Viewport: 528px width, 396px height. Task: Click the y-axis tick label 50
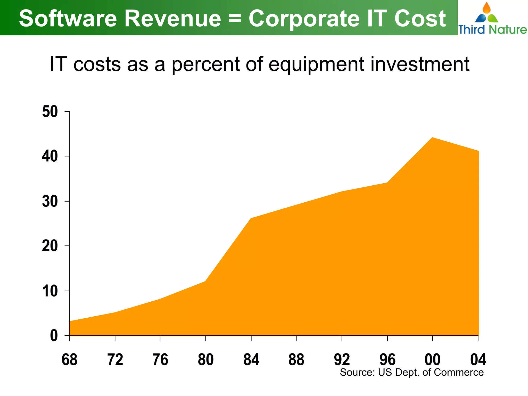coord(50,112)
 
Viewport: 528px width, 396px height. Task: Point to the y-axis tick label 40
coord(50,156)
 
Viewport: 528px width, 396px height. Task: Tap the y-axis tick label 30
coord(50,201)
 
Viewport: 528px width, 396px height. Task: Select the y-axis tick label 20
coord(50,246)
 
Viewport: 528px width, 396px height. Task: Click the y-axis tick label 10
coord(50,291)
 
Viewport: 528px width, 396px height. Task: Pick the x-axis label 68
coord(69,360)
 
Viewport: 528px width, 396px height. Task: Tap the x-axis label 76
coord(160,360)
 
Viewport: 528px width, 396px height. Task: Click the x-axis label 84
coord(251,360)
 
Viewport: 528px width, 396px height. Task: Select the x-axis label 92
coord(342,360)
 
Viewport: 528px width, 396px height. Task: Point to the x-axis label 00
coord(433,360)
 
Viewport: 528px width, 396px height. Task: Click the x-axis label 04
coord(478,360)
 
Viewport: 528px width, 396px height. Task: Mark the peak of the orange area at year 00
coord(432,138)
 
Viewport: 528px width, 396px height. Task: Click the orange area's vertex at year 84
coord(251,218)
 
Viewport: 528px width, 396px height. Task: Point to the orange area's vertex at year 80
coord(205,281)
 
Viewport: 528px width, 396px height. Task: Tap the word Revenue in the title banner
coord(173,19)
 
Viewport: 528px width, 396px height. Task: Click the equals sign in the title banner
coord(235,19)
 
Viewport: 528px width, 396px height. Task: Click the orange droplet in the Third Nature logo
coord(486,8)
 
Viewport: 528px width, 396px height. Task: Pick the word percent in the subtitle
coord(205,64)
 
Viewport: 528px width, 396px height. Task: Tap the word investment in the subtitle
coord(420,64)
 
